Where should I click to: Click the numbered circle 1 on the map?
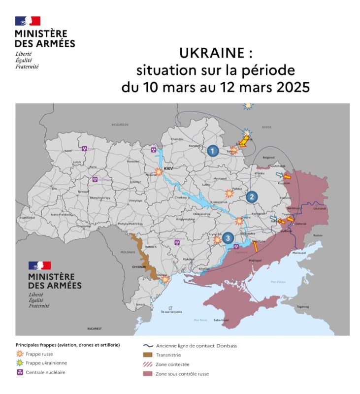pos(213,151)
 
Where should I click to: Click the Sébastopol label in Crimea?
pos(221,320)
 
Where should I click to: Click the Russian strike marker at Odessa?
pos(165,279)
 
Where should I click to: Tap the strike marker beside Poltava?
pos(229,193)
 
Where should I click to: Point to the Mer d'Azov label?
pos(278,282)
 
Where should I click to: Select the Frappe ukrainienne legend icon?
pos(20,363)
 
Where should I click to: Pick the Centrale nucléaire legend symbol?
pos(20,372)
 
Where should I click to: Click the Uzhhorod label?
pos(28,217)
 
